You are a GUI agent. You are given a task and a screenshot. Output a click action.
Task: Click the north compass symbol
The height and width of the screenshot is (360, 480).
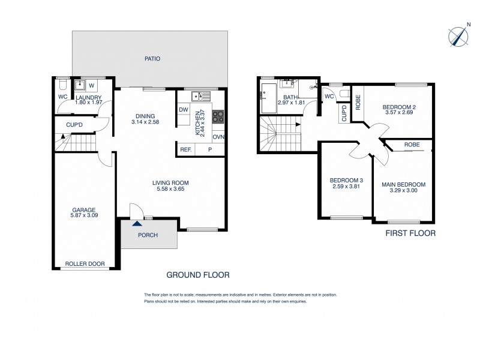458,36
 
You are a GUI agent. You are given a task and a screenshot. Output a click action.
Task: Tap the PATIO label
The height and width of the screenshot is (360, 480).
151,59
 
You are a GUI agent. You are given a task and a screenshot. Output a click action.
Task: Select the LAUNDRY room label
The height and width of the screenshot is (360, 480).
88,97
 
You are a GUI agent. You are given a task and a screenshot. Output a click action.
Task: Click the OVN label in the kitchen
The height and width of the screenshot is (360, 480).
218,137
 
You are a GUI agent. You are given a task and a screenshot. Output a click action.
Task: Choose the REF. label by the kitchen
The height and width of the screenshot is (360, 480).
185,149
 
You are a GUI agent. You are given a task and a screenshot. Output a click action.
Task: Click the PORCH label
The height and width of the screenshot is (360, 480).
148,235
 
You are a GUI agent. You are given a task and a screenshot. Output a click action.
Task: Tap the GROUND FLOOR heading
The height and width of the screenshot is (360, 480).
198,275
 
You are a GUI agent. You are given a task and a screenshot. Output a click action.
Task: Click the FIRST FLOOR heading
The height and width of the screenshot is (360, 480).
411,233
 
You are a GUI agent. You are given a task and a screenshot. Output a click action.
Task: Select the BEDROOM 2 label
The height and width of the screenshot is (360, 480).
399,107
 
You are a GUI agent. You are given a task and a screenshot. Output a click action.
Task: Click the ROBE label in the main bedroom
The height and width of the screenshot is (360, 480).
411,145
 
